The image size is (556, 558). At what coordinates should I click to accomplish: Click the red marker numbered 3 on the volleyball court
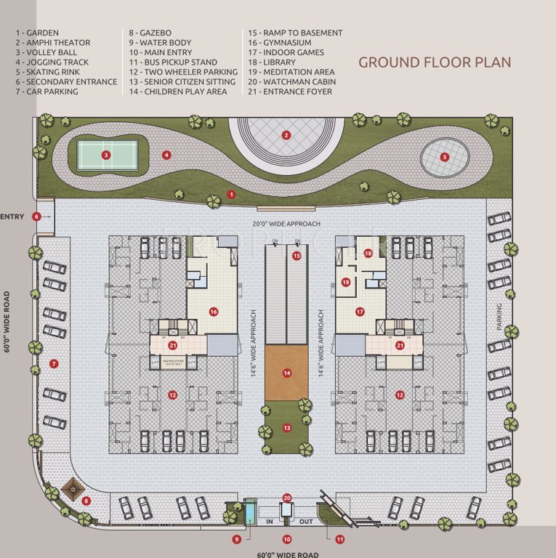click(106, 154)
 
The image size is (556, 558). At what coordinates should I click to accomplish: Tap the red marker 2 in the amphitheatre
click(286, 135)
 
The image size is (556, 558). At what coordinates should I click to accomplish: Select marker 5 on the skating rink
click(445, 156)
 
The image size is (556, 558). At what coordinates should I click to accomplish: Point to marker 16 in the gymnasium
click(214, 312)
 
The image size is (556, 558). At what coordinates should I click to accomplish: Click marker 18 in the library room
click(368, 254)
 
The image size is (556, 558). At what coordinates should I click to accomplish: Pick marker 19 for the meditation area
click(347, 283)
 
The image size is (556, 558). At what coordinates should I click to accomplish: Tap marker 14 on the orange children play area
click(287, 373)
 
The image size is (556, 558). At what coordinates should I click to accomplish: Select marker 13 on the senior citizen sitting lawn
click(287, 428)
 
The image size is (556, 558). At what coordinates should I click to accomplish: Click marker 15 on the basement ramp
click(297, 256)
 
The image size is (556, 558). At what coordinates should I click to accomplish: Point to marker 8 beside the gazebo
click(86, 501)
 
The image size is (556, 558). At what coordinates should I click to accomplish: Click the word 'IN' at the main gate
click(268, 522)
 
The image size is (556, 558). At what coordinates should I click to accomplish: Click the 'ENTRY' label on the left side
click(12, 217)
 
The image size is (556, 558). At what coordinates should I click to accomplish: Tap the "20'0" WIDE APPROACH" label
click(286, 224)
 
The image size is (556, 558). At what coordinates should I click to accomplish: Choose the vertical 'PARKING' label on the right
click(499, 318)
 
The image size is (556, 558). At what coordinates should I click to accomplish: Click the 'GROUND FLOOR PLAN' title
click(435, 62)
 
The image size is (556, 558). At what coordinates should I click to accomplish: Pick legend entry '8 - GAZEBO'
click(150, 33)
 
